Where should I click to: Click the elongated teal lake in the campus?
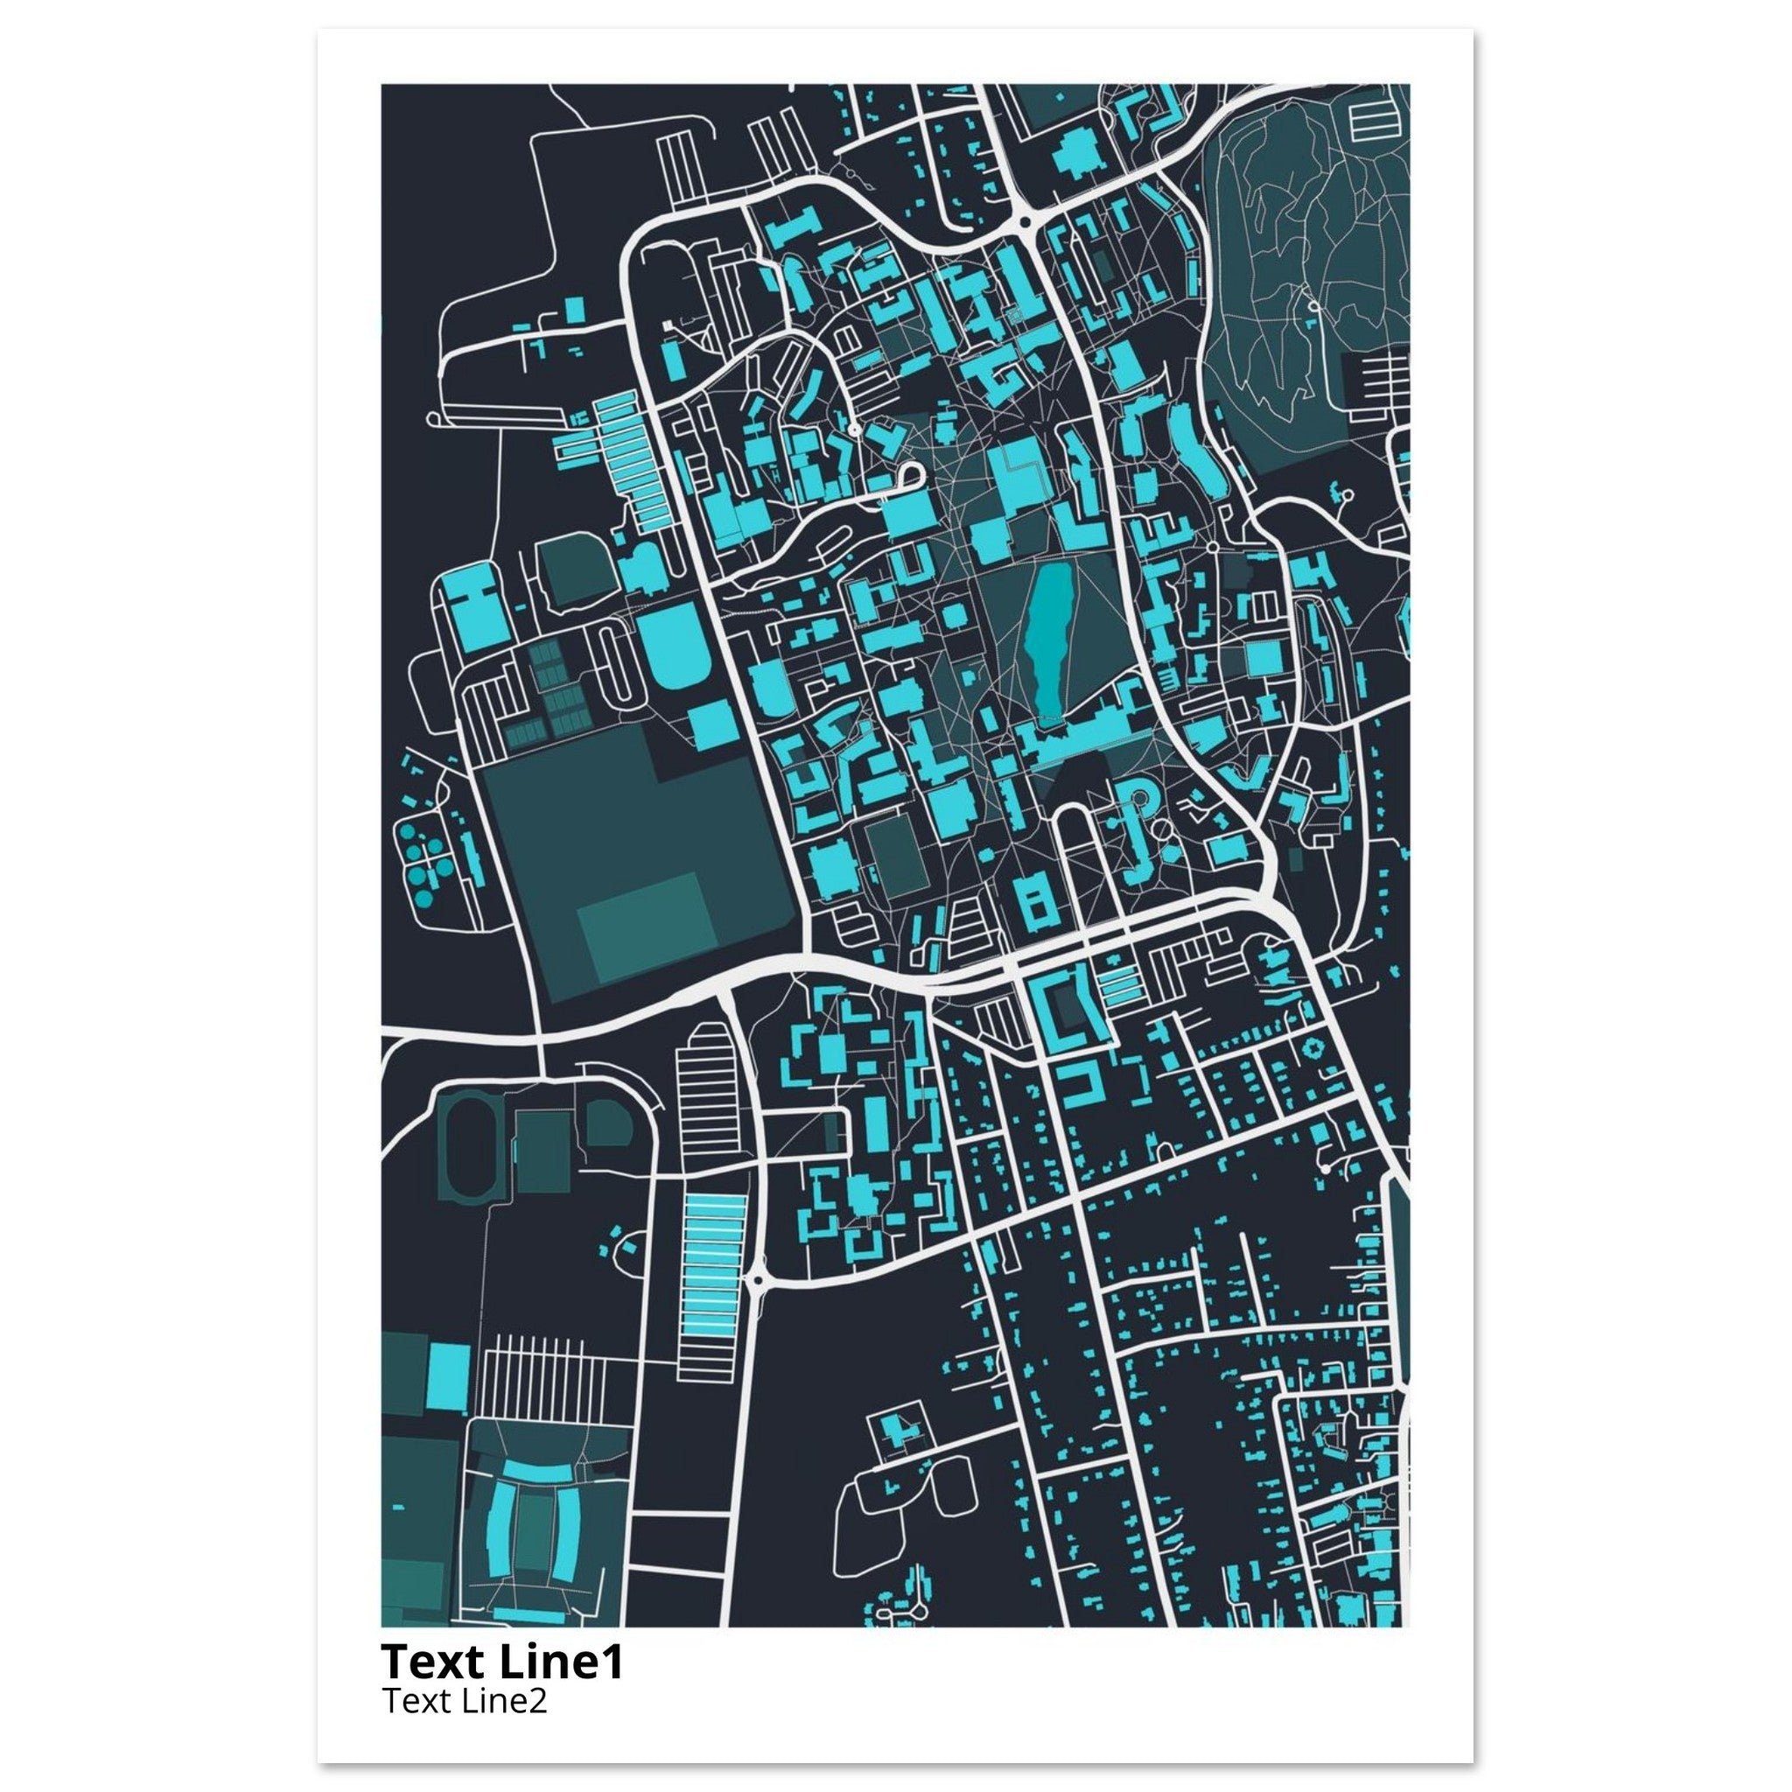tap(1046, 642)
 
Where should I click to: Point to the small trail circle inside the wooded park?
tap(1313, 305)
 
